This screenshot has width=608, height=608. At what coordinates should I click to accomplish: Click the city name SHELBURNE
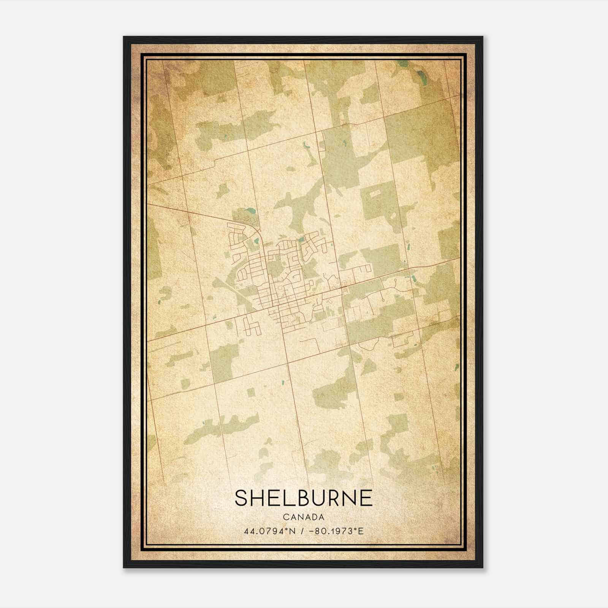[x=304, y=498]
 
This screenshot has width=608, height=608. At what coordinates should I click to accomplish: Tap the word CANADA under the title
[x=304, y=517]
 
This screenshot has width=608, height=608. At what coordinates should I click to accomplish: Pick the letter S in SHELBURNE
[x=242, y=498]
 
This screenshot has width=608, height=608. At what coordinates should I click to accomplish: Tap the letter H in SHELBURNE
[x=259, y=498]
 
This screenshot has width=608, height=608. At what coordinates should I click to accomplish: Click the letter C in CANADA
[x=285, y=517]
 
